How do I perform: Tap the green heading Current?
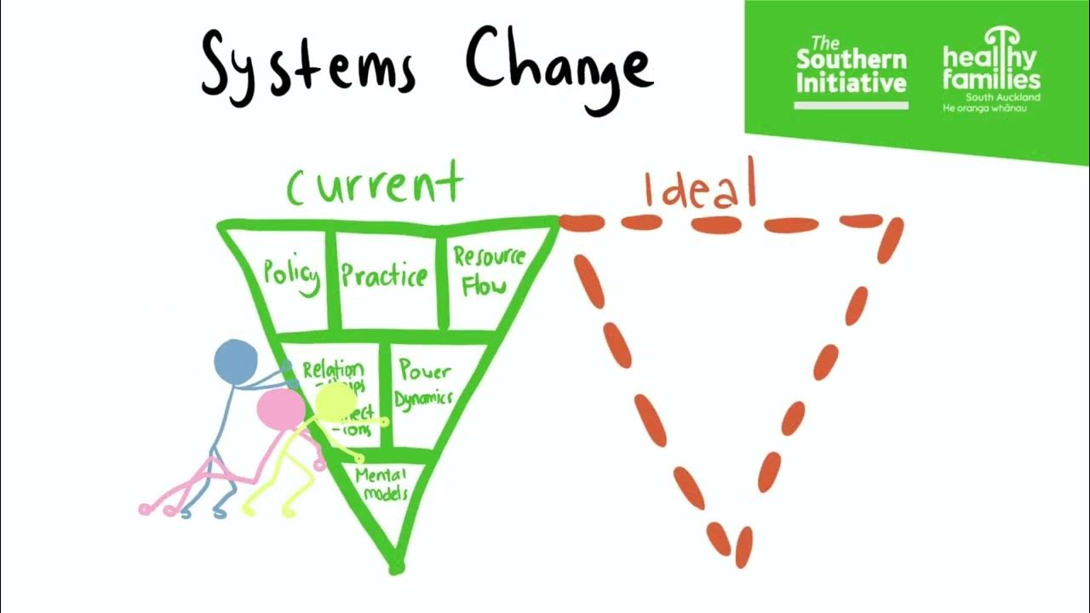point(375,186)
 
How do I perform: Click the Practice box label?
point(384,275)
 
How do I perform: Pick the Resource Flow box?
point(489,271)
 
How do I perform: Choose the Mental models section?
point(382,484)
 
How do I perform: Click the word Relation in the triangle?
point(333,370)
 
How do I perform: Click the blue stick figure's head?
point(235,361)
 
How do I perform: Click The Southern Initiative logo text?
point(851,66)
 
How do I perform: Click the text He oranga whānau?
point(984,108)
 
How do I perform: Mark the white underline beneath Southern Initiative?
point(851,105)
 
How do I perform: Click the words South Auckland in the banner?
point(1009,97)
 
